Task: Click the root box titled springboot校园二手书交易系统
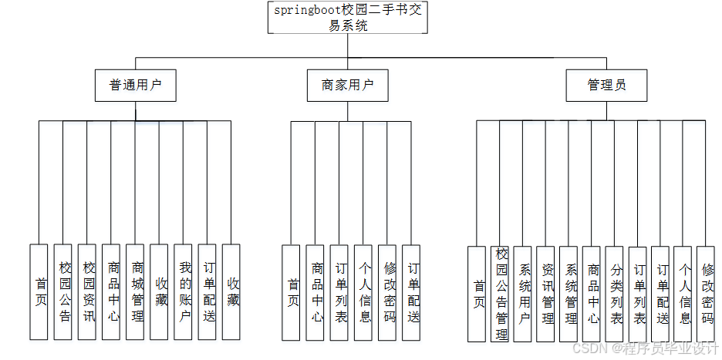click(348, 18)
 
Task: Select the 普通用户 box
click(136, 86)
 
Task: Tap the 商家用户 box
click(348, 86)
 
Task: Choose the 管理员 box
click(606, 86)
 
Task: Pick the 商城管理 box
click(136, 292)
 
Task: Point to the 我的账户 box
click(184, 292)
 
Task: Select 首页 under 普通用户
click(39, 292)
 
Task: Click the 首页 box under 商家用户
click(291, 293)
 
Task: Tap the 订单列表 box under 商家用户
click(339, 293)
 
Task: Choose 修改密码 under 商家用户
click(388, 293)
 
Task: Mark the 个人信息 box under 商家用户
click(363, 293)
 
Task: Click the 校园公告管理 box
click(500, 294)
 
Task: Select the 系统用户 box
click(523, 294)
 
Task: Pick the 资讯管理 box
click(546, 294)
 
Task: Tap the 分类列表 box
click(615, 294)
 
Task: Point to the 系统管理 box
click(569, 294)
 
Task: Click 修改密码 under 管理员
click(707, 294)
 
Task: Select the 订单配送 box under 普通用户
click(207, 292)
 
